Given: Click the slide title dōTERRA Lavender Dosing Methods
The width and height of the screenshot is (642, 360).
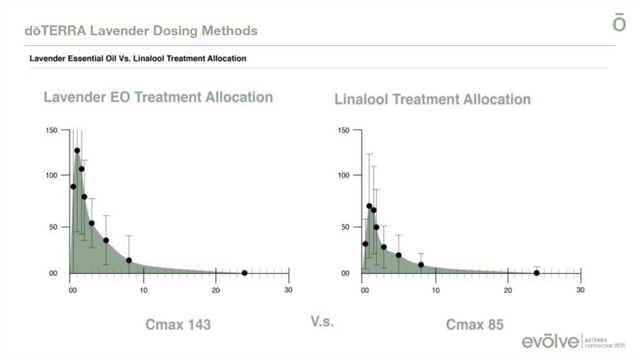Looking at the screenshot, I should tap(141, 31).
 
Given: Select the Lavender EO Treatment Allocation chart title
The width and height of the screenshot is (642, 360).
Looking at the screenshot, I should tap(158, 97).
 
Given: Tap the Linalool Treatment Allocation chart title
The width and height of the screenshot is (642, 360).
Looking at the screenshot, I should tap(433, 99).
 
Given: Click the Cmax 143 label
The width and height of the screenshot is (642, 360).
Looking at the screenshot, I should tap(178, 324).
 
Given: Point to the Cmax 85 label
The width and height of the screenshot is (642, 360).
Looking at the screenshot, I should tap(475, 324).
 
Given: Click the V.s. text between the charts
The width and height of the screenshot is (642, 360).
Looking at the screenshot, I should tap(322, 322).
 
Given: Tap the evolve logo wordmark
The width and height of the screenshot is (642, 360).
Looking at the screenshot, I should tap(550, 341).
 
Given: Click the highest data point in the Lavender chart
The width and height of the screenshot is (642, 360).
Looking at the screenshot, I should tap(77, 151).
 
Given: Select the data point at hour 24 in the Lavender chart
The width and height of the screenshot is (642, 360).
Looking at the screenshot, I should tap(245, 273).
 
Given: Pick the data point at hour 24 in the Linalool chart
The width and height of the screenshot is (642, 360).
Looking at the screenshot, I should tap(537, 273).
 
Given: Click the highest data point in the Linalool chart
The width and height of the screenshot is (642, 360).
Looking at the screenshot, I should tap(369, 206).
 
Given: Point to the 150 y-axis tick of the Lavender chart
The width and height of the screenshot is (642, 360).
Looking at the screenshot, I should tap(51, 130).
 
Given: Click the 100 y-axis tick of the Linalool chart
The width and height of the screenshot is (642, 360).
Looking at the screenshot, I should tap(344, 175).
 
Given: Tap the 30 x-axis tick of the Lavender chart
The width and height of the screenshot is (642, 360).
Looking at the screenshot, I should tap(288, 290).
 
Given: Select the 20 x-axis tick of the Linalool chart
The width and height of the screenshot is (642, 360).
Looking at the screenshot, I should tap(508, 290).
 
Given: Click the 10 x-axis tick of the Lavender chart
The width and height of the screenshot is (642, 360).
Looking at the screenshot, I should tap(144, 290).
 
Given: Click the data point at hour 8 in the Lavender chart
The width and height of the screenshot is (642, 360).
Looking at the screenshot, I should tap(129, 260).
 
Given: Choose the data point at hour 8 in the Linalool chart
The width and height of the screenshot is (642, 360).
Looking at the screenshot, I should tap(421, 265).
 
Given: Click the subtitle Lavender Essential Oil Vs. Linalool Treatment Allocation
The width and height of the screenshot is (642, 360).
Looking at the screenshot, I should tap(138, 59).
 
